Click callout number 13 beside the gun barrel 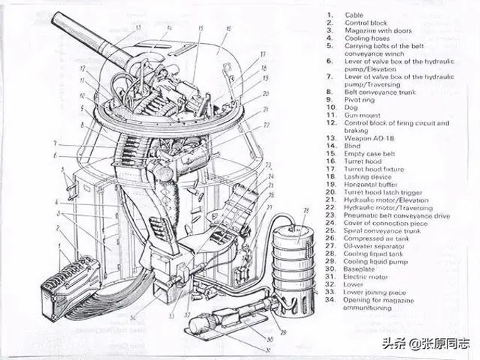click(137, 28)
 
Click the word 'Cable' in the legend click(355, 14)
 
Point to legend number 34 click(330, 299)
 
